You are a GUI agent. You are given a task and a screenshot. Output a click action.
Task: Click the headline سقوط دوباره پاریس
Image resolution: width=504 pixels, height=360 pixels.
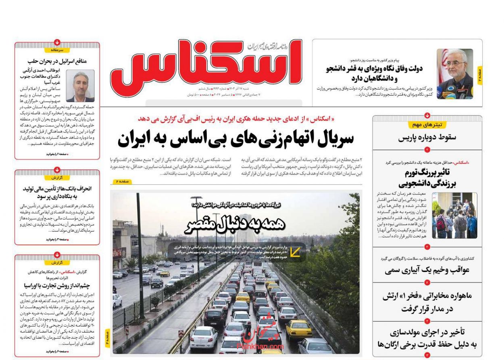coord(427,137)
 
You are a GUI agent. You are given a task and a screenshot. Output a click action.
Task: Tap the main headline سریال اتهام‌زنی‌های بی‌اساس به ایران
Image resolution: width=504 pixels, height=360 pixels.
coord(235,139)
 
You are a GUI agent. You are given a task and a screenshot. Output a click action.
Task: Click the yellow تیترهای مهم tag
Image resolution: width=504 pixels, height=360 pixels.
coord(427,125)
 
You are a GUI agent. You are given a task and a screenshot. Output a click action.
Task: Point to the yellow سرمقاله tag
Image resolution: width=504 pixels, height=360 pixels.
coord(57,50)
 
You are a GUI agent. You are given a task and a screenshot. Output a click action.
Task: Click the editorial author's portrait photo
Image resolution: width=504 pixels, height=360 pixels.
coord(80,86)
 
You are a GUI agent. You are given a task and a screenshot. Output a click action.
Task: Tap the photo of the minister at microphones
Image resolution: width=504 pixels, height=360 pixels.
coord(455,73)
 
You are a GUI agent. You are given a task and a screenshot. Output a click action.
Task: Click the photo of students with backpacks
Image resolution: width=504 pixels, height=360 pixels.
coord(454,215)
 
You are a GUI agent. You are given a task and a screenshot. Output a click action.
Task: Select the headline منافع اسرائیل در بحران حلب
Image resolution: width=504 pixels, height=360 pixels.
coord(57,61)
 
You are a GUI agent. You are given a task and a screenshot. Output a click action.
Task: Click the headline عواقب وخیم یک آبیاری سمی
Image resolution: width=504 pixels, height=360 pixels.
coord(427,270)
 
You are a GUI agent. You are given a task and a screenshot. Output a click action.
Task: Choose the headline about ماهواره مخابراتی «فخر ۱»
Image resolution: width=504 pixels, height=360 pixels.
coord(427,302)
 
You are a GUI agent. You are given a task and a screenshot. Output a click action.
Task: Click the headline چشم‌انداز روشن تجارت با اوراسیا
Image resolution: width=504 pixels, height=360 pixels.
coord(57,285)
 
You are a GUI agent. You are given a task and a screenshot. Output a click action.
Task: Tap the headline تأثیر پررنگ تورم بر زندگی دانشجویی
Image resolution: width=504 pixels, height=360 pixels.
coord(427,178)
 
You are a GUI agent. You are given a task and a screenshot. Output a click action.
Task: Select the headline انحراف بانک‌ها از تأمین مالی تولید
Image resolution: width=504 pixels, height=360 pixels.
coord(57,192)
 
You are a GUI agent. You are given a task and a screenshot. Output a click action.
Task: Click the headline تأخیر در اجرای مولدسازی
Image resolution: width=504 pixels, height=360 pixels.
coord(427,338)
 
